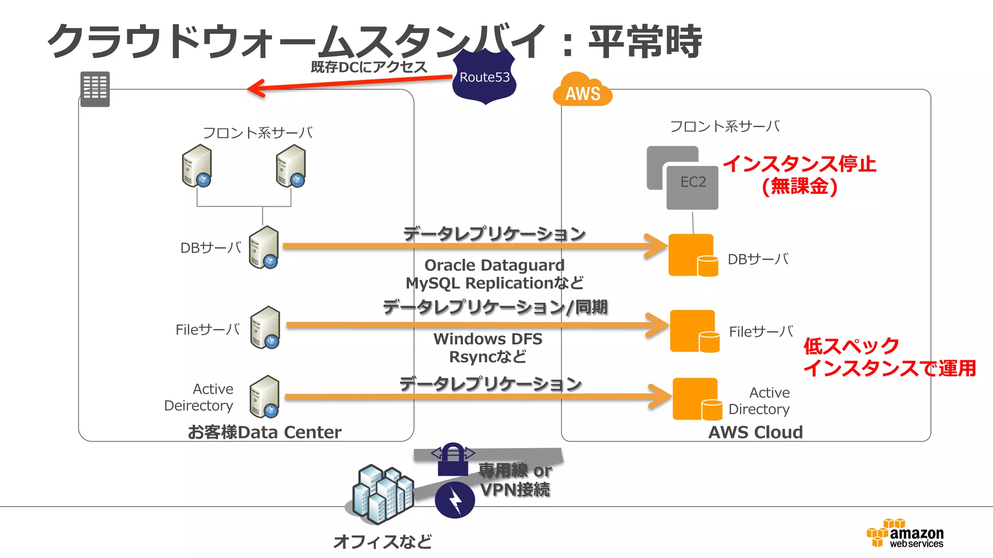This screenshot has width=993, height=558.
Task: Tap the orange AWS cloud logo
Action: pyautogui.click(x=582, y=91)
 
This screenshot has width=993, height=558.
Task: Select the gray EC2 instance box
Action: pyautogui.click(x=692, y=186)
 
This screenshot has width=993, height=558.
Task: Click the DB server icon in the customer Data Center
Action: pyautogui.click(x=264, y=248)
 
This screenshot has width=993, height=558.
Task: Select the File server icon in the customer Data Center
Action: pyautogui.click(x=265, y=328)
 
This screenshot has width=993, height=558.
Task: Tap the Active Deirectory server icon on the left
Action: pyautogui.click(x=265, y=397)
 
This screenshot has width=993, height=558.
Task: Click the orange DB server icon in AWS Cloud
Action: pyautogui.click(x=692, y=255)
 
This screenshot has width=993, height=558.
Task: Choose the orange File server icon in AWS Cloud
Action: pyautogui.click(x=694, y=331)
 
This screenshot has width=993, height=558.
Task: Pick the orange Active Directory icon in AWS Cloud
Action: pyautogui.click(x=696, y=399)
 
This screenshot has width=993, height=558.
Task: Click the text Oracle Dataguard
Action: pyautogui.click(x=494, y=265)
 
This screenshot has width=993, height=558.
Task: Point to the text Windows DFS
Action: pyautogui.click(x=488, y=339)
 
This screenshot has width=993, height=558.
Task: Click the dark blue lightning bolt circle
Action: pyautogui.click(x=455, y=500)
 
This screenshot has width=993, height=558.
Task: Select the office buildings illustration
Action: pyautogui.click(x=382, y=494)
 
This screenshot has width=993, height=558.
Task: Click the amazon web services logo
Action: pyautogui.click(x=905, y=534)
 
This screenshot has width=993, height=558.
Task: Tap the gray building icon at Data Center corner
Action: pyautogui.click(x=95, y=89)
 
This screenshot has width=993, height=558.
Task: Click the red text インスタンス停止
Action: pyautogui.click(x=800, y=164)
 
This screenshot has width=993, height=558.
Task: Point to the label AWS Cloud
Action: pyautogui.click(x=755, y=432)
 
